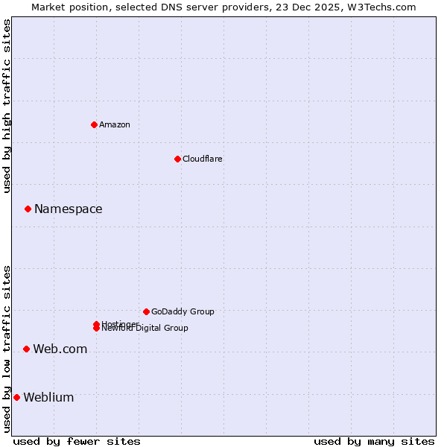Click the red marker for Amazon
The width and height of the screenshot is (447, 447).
(x=95, y=124)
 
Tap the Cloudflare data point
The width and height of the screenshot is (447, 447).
(x=177, y=159)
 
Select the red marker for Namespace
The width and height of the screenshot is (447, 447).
(x=28, y=209)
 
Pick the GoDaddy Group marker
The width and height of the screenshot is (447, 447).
(x=146, y=311)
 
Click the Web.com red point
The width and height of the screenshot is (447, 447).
(x=27, y=349)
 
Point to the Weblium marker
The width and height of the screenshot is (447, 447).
(x=16, y=397)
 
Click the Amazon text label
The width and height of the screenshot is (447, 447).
(x=115, y=124)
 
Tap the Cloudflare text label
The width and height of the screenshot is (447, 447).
(x=203, y=159)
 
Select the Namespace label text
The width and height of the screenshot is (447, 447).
(x=69, y=209)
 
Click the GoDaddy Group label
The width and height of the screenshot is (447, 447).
(x=183, y=311)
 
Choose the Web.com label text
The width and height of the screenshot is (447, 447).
(x=60, y=349)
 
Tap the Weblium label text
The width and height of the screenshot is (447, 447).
(x=49, y=397)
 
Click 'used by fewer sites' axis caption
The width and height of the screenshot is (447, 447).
(x=77, y=441)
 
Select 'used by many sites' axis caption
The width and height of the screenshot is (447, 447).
(x=374, y=441)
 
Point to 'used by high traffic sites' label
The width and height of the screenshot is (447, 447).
(x=7, y=106)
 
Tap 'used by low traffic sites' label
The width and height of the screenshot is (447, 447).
(x=7, y=349)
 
